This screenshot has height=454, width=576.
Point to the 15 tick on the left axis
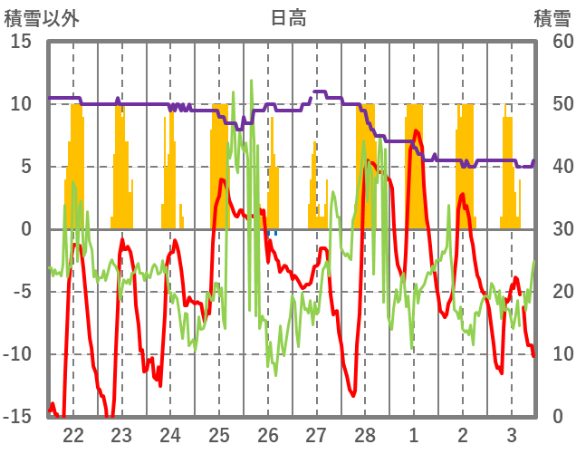coord(21,42)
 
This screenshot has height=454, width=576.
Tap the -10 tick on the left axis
coord(17,354)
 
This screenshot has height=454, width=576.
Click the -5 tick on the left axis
coord(22,292)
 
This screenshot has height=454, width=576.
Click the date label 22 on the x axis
coord(73,433)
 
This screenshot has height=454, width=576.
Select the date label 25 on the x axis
coord(219,433)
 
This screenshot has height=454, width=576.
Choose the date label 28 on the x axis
coord(365,433)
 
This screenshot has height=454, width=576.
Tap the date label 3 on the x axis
coord(511,433)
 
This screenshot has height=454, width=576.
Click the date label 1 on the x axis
coord(414,433)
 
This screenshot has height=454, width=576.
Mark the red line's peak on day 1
coord(416,130)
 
